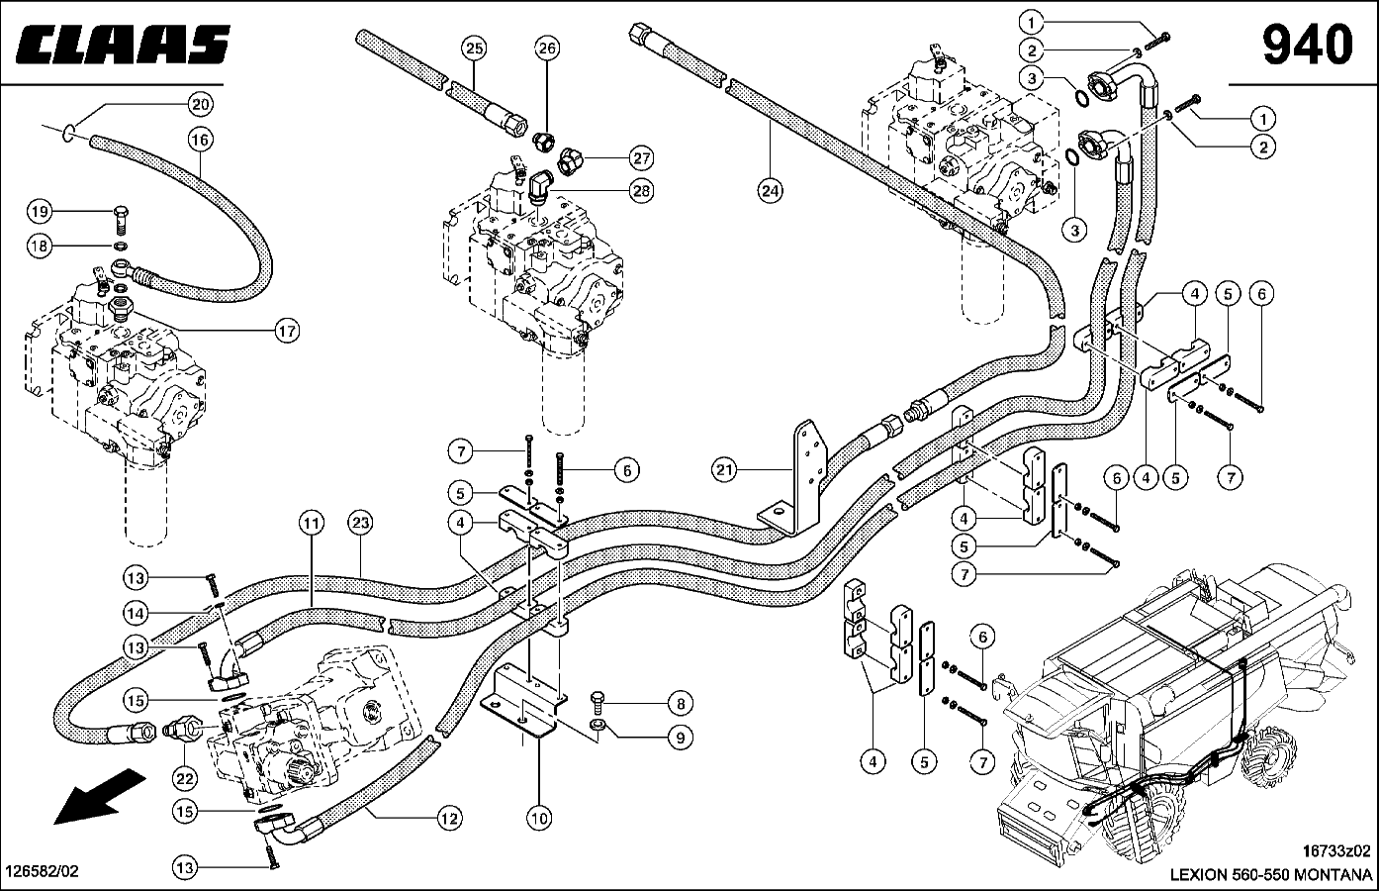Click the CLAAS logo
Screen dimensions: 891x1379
(x=124, y=45)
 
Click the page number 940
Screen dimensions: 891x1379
(x=1306, y=45)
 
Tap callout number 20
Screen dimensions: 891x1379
(x=201, y=104)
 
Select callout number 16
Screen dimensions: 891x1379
(x=201, y=141)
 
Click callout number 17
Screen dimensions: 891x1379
(x=287, y=332)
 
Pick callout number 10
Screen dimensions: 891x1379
(x=539, y=818)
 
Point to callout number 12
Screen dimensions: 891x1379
(x=449, y=818)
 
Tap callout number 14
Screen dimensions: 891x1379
(x=137, y=612)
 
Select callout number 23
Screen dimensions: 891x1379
(x=359, y=522)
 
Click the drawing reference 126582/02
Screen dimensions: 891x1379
(x=43, y=871)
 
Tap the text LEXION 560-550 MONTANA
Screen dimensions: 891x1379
(x=1270, y=874)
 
